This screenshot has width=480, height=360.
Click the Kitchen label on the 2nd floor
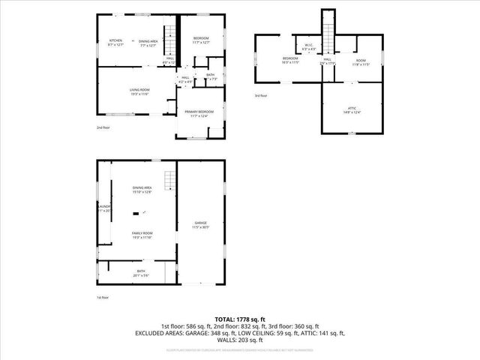[x=115, y=40]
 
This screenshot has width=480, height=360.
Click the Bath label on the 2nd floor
[x=211, y=74]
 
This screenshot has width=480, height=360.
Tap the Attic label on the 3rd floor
[x=352, y=108]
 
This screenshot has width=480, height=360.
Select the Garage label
[x=201, y=223]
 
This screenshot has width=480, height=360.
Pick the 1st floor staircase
[x=170, y=180]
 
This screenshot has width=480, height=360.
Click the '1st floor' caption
[x=103, y=298]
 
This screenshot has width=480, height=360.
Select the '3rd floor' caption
[x=259, y=95]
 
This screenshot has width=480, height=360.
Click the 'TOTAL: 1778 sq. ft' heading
[x=239, y=319]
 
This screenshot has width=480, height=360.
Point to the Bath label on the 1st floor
[x=141, y=271]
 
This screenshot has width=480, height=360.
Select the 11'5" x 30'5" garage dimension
[x=201, y=227]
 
